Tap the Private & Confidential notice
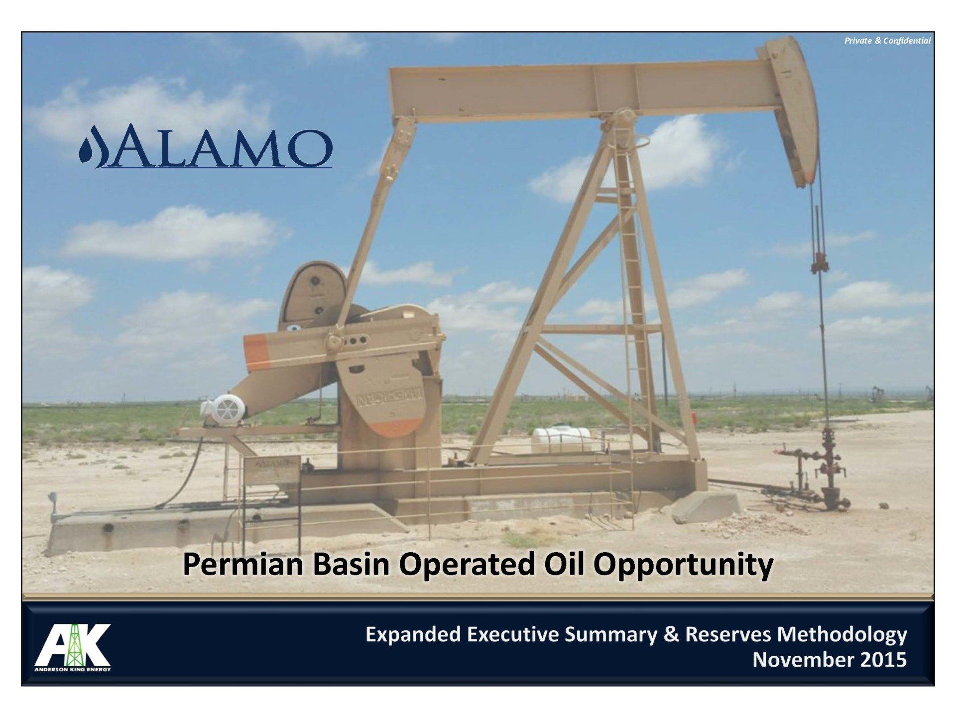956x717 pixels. point(887,41)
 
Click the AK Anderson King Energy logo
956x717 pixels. point(73,647)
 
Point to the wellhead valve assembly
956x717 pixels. point(817,468)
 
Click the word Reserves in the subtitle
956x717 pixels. point(728,635)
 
